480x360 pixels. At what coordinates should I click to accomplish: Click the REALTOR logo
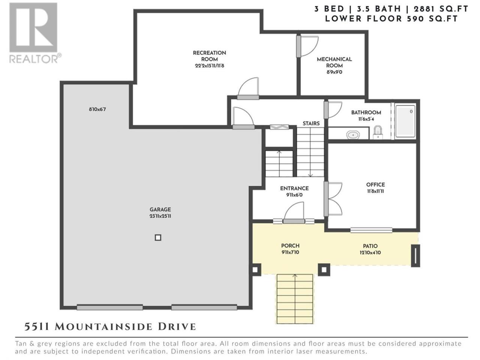point(35,33)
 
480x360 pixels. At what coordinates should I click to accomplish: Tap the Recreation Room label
point(210,56)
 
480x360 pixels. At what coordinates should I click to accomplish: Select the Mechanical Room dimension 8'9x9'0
point(334,72)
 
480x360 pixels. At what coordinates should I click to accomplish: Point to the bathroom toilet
point(378,132)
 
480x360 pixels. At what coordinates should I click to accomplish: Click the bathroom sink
point(353,135)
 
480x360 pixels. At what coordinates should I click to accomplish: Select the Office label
point(375,185)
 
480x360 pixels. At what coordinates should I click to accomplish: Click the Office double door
point(333,199)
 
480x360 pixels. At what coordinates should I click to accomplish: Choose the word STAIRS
point(311,123)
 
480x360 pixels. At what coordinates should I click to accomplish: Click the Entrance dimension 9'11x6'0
point(294,195)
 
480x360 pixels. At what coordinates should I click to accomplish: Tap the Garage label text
point(160,209)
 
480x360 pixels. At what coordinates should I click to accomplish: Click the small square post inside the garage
point(158,237)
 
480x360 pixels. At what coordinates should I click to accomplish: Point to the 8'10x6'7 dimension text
point(97,109)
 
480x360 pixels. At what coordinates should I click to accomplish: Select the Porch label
point(290,246)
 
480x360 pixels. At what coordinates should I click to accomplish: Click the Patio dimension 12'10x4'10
point(370,253)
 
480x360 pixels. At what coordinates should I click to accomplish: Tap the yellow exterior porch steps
point(295,299)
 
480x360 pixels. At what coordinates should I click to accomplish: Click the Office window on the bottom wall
point(371,230)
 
